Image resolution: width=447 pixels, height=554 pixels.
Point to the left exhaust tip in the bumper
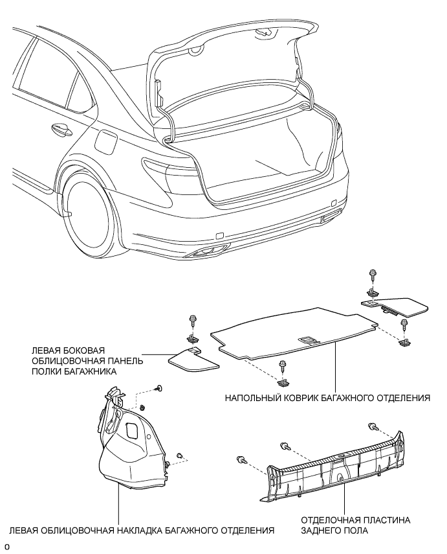click(204, 251)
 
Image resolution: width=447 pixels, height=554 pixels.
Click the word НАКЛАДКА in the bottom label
click(139, 531)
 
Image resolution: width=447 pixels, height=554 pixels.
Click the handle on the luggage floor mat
click(308, 340)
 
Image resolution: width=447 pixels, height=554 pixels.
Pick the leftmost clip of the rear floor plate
click(241, 459)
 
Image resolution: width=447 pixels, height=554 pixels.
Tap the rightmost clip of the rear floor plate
click(371, 426)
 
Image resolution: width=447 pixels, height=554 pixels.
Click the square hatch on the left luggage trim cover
click(133, 431)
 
